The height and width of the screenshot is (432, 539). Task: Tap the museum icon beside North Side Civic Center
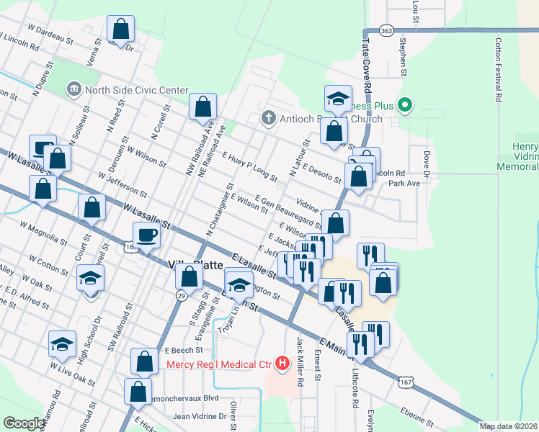(x=73, y=90)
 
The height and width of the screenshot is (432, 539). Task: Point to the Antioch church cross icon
(x=268, y=117)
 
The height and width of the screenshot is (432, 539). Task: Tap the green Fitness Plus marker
(x=405, y=107)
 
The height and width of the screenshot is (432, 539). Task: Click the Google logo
(x=24, y=423)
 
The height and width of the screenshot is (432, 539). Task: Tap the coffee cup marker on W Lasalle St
(x=146, y=235)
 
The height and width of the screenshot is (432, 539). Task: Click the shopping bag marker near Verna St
(x=121, y=30)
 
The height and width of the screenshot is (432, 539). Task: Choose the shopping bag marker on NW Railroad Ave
(x=203, y=107)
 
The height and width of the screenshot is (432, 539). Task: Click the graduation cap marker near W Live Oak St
(x=63, y=343)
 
